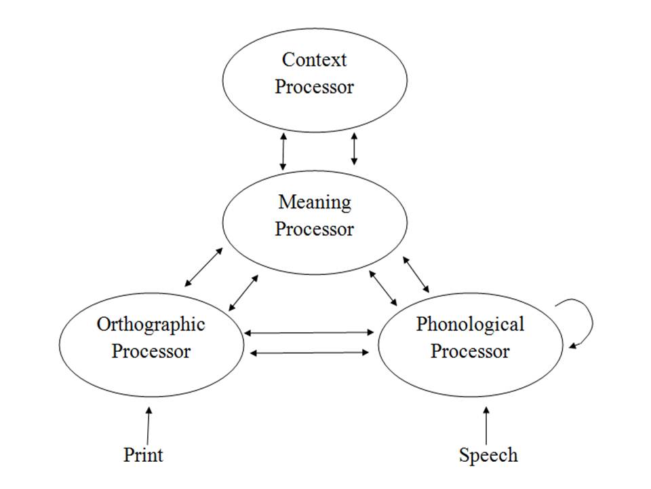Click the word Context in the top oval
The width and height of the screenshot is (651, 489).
point(314,60)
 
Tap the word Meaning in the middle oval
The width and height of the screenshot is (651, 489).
point(315,202)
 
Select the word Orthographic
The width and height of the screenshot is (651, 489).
point(151,324)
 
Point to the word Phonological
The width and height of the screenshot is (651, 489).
point(470,324)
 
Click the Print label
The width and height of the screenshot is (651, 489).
point(143,454)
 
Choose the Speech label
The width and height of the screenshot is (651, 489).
point(488,454)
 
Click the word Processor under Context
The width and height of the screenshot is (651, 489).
point(314,87)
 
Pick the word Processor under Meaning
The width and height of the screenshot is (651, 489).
point(315,229)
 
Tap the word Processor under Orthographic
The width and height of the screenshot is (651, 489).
point(151,351)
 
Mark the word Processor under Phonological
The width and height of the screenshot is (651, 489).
point(470,351)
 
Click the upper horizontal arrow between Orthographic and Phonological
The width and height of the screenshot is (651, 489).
point(309,333)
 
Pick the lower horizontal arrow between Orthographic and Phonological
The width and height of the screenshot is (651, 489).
point(309,352)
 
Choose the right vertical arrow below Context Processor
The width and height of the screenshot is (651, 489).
point(353,149)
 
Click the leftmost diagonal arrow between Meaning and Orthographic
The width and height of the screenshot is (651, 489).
point(203,267)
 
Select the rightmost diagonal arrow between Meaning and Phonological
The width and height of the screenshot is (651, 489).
point(416,274)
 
